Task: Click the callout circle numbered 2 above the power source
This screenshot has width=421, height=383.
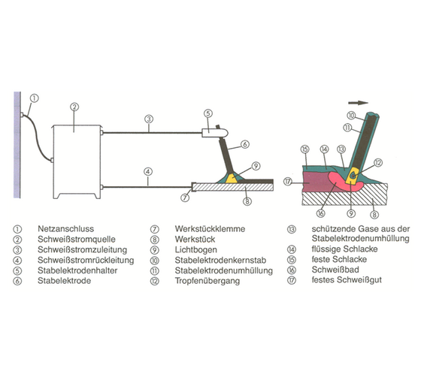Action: pyautogui.click(x=74, y=107)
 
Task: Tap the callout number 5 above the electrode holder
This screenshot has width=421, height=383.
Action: pyautogui.click(x=208, y=113)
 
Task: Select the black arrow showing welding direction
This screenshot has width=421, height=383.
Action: pyautogui.click(x=358, y=102)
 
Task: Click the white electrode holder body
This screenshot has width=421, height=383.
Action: pyautogui.click(x=215, y=133)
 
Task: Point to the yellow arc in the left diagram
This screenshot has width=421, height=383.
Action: pyautogui.click(x=232, y=179)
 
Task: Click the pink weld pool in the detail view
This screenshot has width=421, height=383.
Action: pyautogui.click(x=342, y=182)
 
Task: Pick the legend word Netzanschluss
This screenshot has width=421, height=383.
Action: pyautogui.click(x=66, y=229)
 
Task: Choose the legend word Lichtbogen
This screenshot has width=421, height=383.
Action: pyautogui.click(x=195, y=249)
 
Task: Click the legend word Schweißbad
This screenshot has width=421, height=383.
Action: pyautogui.click(x=335, y=270)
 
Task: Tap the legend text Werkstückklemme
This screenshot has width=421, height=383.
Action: pyautogui.click(x=210, y=229)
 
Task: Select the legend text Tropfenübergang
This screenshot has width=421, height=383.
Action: pyautogui.click(x=207, y=281)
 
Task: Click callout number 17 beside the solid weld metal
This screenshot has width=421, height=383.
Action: pyautogui.click(x=287, y=182)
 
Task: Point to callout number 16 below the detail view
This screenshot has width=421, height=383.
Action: pyautogui.click(x=320, y=213)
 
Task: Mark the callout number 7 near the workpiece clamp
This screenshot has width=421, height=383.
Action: pyautogui.click(x=185, y=198)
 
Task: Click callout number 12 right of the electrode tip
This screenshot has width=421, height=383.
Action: pyautogui.click(x=377, y=162)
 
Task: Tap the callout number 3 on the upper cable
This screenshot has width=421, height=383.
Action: pyautogui.click(x=149, y=119)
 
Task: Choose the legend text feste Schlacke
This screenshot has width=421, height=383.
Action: pyautogui.click(x=339, y=259)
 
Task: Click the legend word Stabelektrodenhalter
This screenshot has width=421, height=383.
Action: pyautogui.click(x=77, y=270)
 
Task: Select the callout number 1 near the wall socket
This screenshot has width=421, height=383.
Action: pyautogui.click(x=35, y=98)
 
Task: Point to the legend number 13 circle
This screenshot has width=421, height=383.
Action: pyautogui.click(x=292, y=229)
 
